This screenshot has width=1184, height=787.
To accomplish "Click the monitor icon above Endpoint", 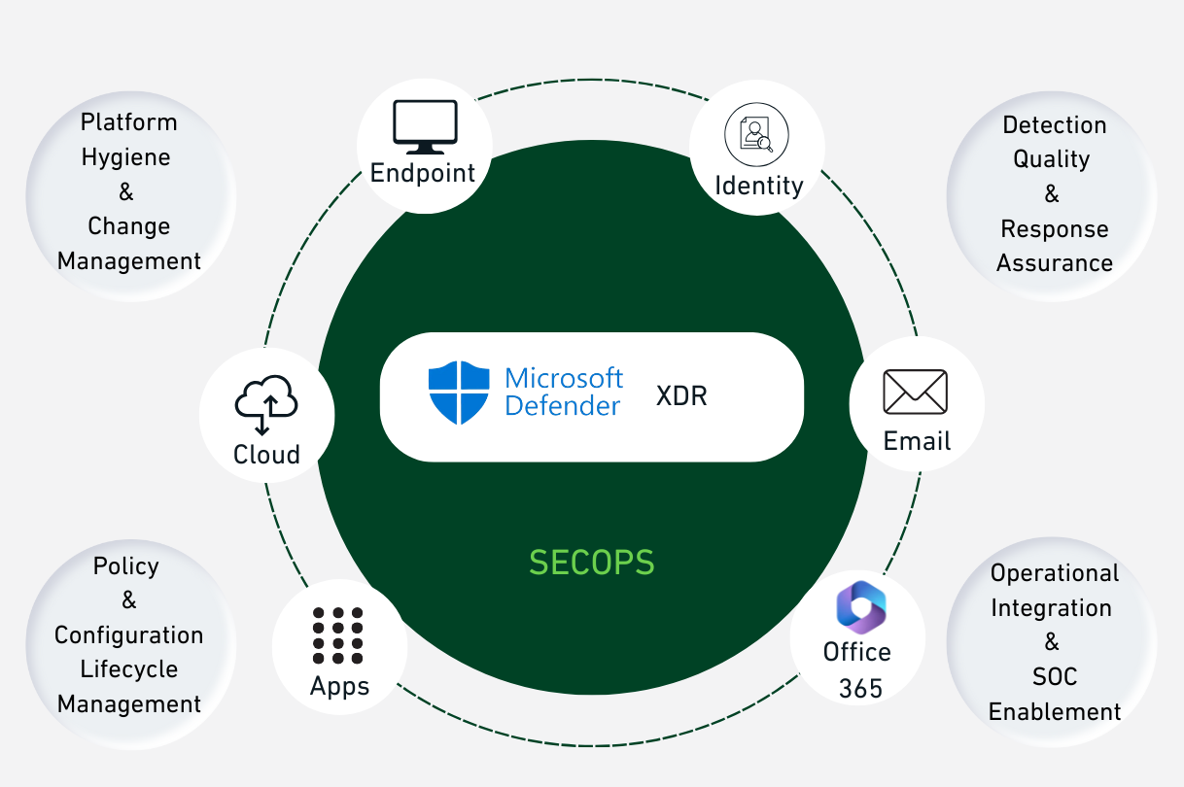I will click(425, 127).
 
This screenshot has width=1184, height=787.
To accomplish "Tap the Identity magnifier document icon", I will click(756, 135).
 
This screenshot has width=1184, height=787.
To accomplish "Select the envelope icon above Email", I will click(915, 392).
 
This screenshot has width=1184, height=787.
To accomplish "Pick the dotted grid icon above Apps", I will click(338, 635).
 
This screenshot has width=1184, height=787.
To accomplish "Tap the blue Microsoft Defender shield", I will click(459, 393).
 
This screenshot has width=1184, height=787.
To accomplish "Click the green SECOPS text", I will click(591, 563).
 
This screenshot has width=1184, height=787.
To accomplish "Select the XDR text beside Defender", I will click(682, 396).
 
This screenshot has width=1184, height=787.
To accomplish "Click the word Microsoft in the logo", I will click(564, 378).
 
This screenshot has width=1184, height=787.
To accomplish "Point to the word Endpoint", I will click(423, 174).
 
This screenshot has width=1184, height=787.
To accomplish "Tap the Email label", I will click(917, 441).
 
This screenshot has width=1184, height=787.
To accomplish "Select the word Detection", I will click(1054, 125).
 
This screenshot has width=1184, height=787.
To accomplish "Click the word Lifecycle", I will click(129, 669).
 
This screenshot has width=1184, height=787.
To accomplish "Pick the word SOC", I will click(1055, 677).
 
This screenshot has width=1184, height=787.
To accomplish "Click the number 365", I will click(860, 689).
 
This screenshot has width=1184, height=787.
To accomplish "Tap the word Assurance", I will click(1055, 263).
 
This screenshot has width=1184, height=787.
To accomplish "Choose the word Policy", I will click(125, 566).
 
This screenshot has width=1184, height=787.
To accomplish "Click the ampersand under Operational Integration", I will click(1052, 642).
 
